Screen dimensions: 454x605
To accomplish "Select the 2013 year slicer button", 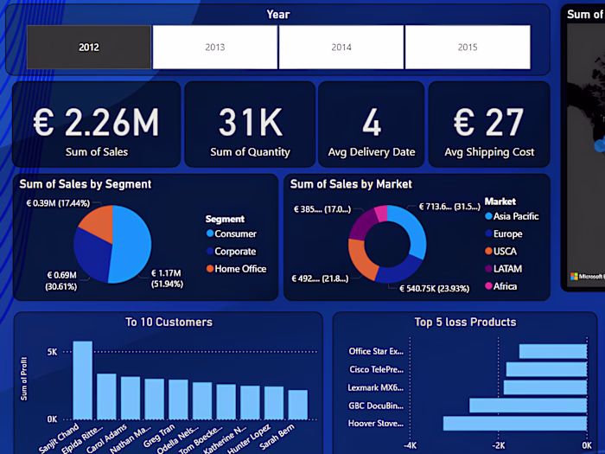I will [214, 47].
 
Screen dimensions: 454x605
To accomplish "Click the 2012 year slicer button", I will [89, 47].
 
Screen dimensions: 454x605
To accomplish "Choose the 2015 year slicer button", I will [468, 47].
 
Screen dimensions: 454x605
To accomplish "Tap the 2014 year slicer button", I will [341, 47].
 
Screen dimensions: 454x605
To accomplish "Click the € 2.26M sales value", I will [96, 123].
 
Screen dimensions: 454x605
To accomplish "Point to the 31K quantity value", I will [251, 123].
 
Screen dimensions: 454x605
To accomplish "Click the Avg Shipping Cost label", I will [489, 152].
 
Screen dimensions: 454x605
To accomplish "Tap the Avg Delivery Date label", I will [372, 152].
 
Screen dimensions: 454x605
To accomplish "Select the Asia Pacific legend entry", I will [517, 216].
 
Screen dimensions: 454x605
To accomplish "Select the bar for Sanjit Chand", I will [82, 380].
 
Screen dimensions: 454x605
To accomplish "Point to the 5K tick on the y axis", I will [52, 352].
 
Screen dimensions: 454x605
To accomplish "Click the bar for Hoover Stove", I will [514, 424].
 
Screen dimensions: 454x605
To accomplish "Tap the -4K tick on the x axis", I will [411, 444].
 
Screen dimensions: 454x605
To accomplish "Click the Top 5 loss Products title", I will [465, 323].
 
